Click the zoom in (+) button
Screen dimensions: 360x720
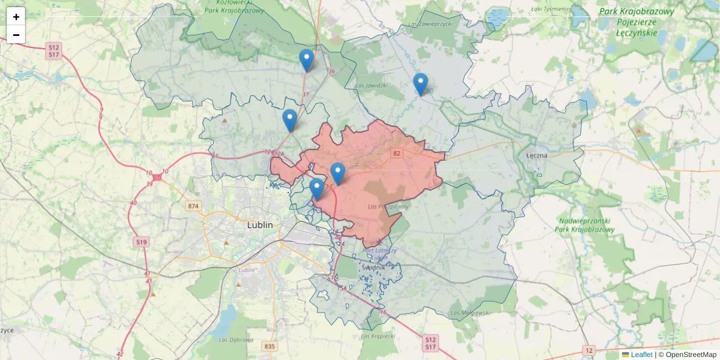click(16, 17)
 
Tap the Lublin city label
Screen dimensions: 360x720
click(260, 225)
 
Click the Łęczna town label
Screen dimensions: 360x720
click(536, 155)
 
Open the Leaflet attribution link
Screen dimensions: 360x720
click(641, 355)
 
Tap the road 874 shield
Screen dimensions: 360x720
click(193, 206)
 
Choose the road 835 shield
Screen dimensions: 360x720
click(269, 346)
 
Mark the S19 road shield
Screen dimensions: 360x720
click(141, 242)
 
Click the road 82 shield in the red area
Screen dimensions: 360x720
click(396, 154)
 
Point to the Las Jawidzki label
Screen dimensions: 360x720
click(371, 85)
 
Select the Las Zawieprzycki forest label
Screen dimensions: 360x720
click(429, 24)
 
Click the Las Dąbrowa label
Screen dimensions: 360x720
click(236, 340)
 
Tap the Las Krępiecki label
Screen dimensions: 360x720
click(378, 336)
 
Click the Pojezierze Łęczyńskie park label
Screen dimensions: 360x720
click(637, 22)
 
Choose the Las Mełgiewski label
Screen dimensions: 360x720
click(471, 313)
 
